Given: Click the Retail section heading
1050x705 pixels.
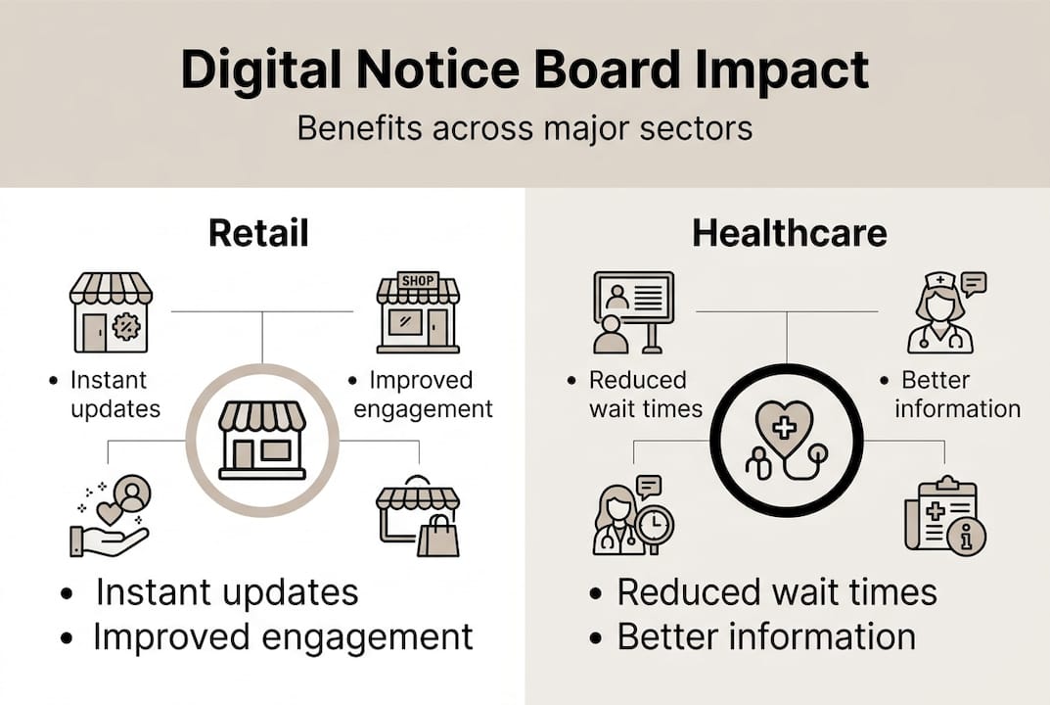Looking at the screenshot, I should (258, 233).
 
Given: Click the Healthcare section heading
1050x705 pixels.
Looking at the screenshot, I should (790, 233).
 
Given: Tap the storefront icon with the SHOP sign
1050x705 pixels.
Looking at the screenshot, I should (418, 312).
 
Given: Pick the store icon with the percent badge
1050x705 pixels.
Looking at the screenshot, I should (111, 312).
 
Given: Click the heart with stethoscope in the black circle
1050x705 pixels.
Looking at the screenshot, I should (786, 438).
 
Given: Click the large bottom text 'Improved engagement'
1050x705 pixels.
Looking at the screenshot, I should (283, 637).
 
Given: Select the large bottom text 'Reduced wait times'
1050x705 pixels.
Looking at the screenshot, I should (777, 592).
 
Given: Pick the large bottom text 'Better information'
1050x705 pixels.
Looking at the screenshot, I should (766, 637).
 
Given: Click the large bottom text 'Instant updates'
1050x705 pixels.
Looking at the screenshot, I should (227, 592).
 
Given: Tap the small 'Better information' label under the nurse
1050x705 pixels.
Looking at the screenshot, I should (957, 395).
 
